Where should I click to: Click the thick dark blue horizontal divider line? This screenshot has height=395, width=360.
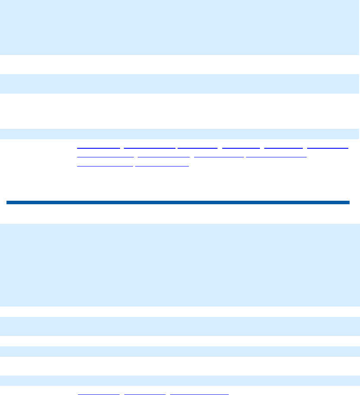[x=178, y=202]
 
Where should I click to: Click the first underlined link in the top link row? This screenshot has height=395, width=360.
[x=98, y=147]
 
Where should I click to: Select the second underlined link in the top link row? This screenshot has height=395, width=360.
[x=149, y=147]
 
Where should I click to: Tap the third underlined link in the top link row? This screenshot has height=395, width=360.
[x=198, y=147]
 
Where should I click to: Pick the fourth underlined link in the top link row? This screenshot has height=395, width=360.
[x=241, y=147]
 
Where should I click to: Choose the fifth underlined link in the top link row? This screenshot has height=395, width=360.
[x=283, y=147]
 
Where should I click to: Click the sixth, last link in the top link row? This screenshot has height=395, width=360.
[x=328, y=147]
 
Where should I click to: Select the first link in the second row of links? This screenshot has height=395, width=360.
[x=105, y=156]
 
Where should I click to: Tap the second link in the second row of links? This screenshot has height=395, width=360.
[x=164, y=156]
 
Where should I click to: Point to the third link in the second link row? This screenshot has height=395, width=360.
[x=219, y=156]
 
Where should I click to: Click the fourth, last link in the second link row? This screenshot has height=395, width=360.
[x=276, y=156]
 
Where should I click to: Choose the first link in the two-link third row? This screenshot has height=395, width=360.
[x=105, y=165]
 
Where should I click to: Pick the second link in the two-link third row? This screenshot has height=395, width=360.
[x=162, y=165]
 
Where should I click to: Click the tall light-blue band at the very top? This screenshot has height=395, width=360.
[x=180, y=27]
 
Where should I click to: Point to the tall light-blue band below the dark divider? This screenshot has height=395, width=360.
[x=180, y=264]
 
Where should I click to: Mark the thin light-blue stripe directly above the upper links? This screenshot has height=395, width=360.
[x=180, y=133]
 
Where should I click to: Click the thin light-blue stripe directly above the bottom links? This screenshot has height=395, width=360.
[x=180, y=380]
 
